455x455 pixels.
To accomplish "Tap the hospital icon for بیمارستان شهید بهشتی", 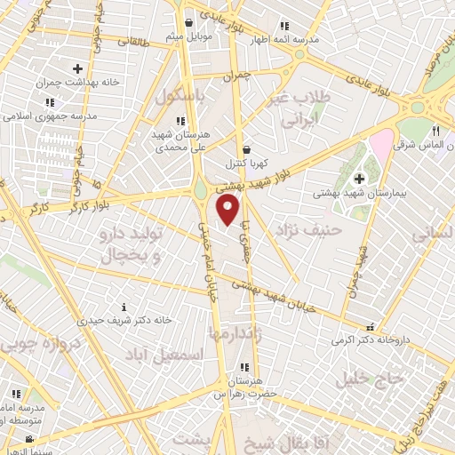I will (x=359, y=179).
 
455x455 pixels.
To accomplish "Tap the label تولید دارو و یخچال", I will (x=125, y=247).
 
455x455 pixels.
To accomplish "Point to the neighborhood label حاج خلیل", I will (x=370, y=379).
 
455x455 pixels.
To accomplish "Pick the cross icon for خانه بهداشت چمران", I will (x=77, y=68).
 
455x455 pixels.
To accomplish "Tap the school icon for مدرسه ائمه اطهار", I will (x=283, y=27).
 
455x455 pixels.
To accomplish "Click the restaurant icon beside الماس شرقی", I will (x=435, y=130).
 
